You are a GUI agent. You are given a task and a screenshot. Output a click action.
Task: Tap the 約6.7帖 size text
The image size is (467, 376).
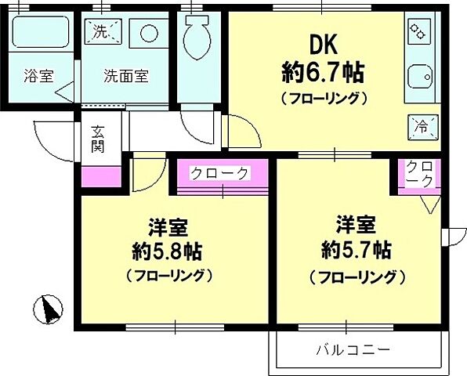tap(322, 73)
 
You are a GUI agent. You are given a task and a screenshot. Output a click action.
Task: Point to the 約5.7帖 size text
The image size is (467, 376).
tap(357, 251)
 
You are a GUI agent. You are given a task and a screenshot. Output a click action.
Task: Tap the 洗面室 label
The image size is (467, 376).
tap(126, 77)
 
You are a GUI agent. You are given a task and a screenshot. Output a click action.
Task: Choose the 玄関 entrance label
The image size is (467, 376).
tap(98, 138)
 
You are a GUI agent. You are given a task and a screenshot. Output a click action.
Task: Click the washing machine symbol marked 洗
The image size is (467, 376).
tap(103, 32)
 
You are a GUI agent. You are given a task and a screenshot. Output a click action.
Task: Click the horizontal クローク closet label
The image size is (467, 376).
tap(219, 173)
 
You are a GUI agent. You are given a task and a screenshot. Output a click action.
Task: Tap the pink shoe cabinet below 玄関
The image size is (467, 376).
tap(97, 176)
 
